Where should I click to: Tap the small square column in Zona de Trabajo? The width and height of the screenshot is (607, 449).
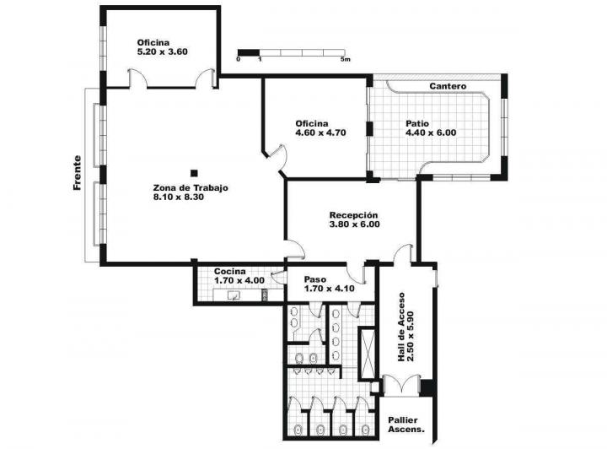click(x=193, y=172)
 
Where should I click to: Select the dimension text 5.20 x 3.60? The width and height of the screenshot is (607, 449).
click(x=162, y=52)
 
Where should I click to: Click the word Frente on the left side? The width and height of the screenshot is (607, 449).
click(x=78, y=173)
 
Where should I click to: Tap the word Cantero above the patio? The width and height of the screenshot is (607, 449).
click(x=448, y=86)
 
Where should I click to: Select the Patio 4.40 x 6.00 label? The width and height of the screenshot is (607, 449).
click(x=430, y=128)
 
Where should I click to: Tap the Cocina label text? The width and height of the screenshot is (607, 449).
click(x=229, y=271)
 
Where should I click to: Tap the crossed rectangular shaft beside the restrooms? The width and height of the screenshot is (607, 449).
click(x=368, y=348)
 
